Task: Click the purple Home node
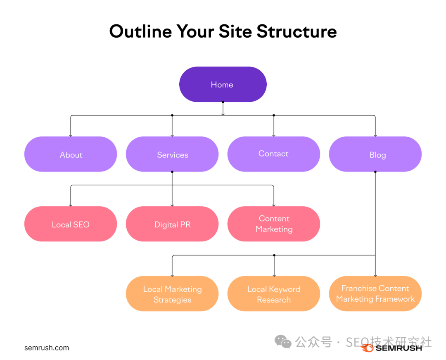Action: pos(223,84)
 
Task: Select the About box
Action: pos(71,154)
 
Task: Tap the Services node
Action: pos(172,154)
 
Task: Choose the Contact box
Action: pos(273,154)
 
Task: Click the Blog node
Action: pos(375,154)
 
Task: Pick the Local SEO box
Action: pos(71,224)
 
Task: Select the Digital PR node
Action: pos(172,224)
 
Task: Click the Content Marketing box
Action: pos(273,224)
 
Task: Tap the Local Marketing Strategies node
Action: pos(172,294)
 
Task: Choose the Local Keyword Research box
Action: pos(273,294)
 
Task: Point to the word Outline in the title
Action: pos(140,31)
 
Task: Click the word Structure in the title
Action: pos(296,31)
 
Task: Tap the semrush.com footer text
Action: pos(47,348)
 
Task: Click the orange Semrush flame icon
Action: pos(367,348)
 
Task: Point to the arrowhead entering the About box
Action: pos(71,135)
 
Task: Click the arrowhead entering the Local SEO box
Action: pos(71,205)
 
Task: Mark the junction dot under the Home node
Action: pos(223,102)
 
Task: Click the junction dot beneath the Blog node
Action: pos(375,172)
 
